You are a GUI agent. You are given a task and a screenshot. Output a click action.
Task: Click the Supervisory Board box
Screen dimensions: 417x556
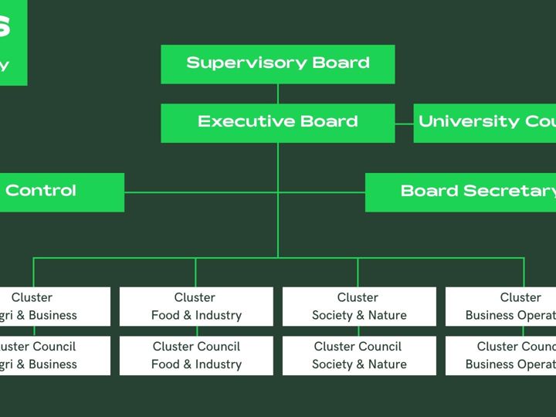(278, 63)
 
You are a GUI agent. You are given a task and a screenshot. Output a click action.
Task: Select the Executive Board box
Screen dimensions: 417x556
(278, 123)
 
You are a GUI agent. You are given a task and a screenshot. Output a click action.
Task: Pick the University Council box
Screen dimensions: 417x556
(485, 123)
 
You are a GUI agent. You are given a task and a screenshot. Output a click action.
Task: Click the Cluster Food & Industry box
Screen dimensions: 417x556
(196, 306)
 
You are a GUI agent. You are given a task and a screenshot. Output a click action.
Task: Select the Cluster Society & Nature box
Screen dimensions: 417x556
(359, 306)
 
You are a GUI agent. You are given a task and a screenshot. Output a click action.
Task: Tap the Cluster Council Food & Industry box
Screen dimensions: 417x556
(196, 355)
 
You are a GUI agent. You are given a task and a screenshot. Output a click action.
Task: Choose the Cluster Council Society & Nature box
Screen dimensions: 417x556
(359, 355)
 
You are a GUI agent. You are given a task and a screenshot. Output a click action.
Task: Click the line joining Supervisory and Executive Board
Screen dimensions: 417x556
(278, 93)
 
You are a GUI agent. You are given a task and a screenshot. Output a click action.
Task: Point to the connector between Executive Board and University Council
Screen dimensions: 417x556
(404, 123)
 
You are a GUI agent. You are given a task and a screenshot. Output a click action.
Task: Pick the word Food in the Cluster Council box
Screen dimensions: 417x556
(164, 364)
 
